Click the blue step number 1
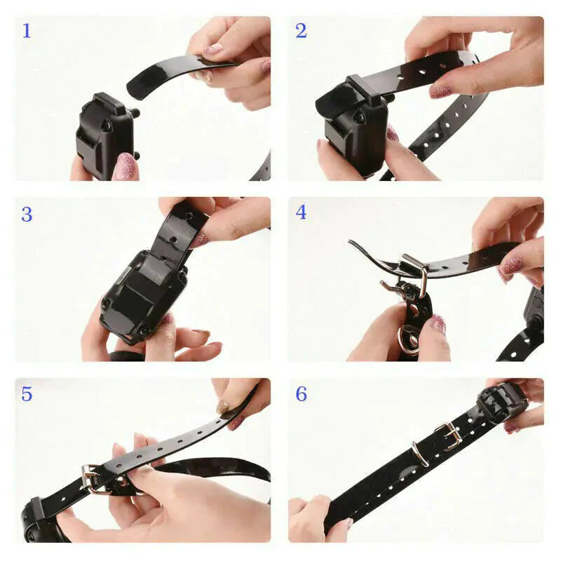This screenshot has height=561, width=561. tap(27, 31)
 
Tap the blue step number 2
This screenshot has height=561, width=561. tap(301, 31)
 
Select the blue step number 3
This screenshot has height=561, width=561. tap(27, 214)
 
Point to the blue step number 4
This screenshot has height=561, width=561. tap(301, 212)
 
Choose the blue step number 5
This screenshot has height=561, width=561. tap(27, 394)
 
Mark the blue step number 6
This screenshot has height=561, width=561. tap(301, 394)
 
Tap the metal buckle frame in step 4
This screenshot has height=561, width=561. tap(414, 270)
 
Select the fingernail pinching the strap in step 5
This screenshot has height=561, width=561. tap(222, 407)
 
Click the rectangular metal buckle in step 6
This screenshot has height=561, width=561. tap(448, 435)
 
